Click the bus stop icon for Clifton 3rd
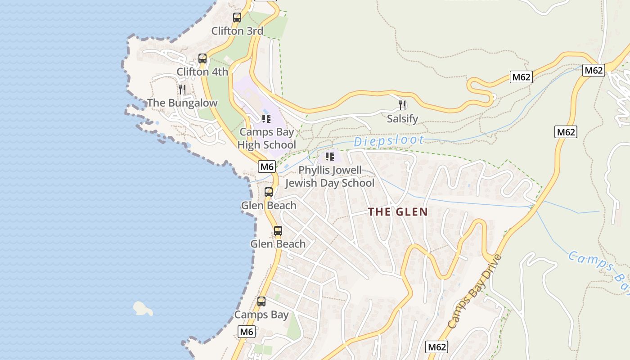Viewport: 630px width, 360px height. click(237, 18)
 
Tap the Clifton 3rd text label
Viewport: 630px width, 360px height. click(237, 31)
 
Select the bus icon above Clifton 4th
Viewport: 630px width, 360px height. click(202, 58)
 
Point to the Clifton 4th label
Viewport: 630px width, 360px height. click(202, 72)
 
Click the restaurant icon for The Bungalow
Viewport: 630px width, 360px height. click(182, 89)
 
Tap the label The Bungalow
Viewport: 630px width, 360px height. click(182, 103)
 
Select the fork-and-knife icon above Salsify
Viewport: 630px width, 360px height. click(402, 105)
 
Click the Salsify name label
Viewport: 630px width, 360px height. click(402, 119)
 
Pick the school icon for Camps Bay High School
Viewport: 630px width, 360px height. click(266, 119)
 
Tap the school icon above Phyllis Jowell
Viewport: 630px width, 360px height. click(330, 157)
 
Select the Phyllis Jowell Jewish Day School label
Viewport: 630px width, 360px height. click(330, 177)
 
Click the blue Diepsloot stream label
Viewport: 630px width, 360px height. click(388, 141)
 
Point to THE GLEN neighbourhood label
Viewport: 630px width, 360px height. click(398, 212)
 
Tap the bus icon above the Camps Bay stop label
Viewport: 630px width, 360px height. click(261, 301)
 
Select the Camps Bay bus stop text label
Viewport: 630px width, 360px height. click(261, 315)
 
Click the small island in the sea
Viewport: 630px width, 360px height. click(143, 308)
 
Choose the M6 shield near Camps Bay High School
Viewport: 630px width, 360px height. click(267, 166)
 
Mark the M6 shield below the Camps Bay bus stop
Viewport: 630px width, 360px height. click(246, 332)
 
